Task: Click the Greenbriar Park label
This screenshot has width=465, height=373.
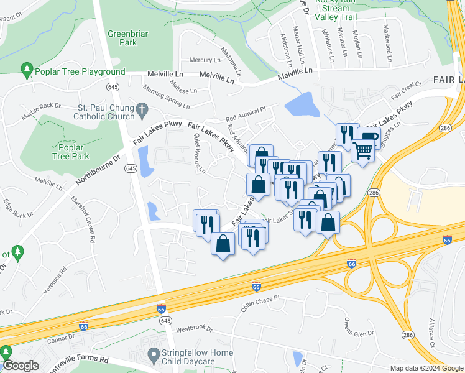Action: coord(122,38)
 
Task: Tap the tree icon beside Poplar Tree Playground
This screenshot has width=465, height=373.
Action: coord(27,70)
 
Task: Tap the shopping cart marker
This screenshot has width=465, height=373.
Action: coord(363,150)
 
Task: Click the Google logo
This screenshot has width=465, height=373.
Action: coord(21,366)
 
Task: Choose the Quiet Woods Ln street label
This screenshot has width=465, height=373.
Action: coord(199,153)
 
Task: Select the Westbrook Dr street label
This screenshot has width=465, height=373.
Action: coord(195,328)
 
